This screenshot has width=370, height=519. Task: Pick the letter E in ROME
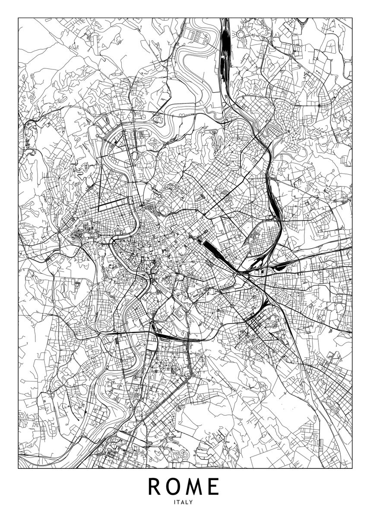(213, 487)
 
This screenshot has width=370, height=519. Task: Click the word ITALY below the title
(185, 503)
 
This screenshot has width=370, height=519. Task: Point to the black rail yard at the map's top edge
(225, 48)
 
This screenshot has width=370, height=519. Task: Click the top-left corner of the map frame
(18, 18)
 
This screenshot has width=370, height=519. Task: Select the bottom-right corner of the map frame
(352, 468)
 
